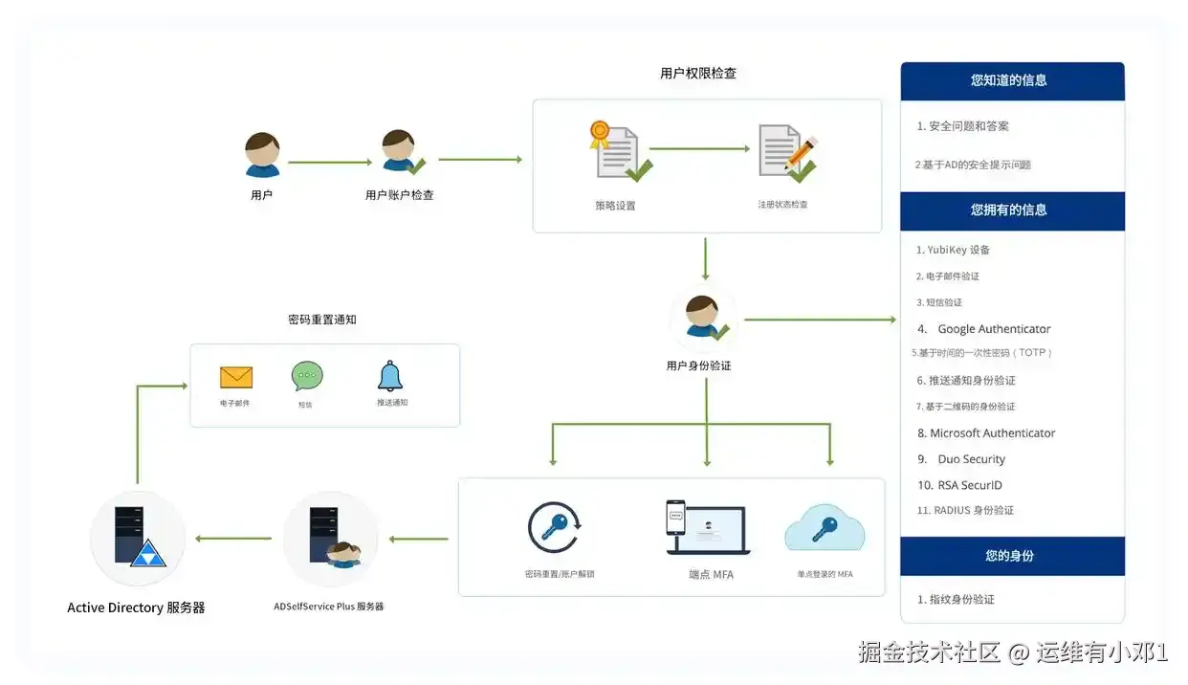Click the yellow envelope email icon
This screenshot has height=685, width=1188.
235,377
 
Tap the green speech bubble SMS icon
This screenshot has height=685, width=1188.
307,376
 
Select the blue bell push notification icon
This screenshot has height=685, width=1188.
389,375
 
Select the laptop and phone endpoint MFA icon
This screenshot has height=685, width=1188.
707,527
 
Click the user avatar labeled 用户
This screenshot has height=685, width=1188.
262,155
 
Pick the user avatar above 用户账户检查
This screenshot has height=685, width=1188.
400,153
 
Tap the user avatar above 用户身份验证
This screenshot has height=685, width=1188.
704,320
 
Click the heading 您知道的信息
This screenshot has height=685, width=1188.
1012,80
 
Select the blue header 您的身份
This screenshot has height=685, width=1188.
1012,556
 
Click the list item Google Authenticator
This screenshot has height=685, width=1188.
994,329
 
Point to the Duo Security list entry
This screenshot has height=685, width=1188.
971,459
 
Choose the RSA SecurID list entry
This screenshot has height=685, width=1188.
969,485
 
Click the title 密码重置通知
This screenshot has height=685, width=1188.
322,320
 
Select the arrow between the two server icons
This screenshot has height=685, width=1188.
233,539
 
